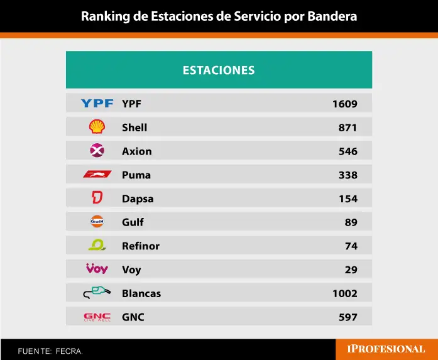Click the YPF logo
(97, 103)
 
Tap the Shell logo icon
(97, 127)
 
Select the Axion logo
(97, 151)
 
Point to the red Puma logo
(97, 175)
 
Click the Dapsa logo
(97, 199)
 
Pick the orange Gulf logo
(97, 222)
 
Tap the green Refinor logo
(97, 246)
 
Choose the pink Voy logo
(97, 269)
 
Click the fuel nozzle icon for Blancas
(97, 293)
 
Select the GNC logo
(97, 317)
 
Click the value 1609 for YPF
(344, 104)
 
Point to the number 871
(348, 128)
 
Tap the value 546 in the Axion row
(348, 151)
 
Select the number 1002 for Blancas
(344, 293)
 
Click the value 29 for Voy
(351, 270)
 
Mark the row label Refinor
(141, 246)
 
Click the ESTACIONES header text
(219, 70)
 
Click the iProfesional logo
(386, 349)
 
